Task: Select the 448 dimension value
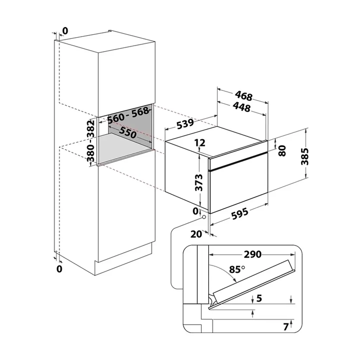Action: (x=242, y=107)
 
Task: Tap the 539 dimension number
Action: (x=185, y=124)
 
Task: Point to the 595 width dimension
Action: (x=239, y=213)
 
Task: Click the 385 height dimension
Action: (x=305, y=156)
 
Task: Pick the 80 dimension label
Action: (x=282, y=151)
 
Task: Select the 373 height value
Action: (x=199, y=183)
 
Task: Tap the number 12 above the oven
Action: (x=200, y=143)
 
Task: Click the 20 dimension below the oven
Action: (x=196, y=234)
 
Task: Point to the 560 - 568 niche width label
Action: (x=128, y=115)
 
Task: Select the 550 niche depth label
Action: (x=128, y=132)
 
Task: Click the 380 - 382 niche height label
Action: (x=91, y=141)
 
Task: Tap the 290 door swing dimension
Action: (x=252, y=255)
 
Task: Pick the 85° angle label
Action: (x=237, y=269)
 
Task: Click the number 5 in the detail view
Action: (x=259, y=298)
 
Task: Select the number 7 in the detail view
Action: (x=285, y=327)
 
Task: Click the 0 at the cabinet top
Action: (x=65, y=31)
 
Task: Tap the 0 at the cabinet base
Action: (x=59, y=269)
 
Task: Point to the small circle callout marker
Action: (x=204, y=217)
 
